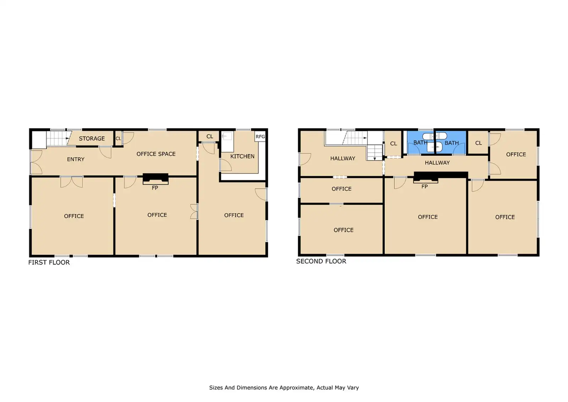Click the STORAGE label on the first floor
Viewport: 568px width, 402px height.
point(92,138)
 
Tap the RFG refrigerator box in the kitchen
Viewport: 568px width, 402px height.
point(260,136)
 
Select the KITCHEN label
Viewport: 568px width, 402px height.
point(242,156)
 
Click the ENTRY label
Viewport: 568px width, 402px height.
point(76,159)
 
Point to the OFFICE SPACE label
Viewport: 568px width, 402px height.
point(156,154)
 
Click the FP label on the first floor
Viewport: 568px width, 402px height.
point(155,188)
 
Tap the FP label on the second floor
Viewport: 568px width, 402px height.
point(425,187)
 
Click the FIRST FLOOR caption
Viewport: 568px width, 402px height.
point(49,262)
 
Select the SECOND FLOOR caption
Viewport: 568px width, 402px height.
point(321,261)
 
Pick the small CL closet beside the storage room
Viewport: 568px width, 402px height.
point(118,138)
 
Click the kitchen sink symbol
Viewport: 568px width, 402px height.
point(227,136)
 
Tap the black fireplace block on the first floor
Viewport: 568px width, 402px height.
point(155,177)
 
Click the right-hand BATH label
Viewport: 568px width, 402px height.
point(452,143)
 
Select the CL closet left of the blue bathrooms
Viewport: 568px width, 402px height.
point(393,144)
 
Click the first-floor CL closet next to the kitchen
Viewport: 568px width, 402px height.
point(209,136)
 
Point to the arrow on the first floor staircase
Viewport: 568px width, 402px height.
point(67,138)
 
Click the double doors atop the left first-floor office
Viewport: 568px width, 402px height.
point(71,182)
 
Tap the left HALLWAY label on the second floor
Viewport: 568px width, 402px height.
point(343,159)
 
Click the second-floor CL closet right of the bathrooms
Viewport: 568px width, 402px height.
point(478,143)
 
